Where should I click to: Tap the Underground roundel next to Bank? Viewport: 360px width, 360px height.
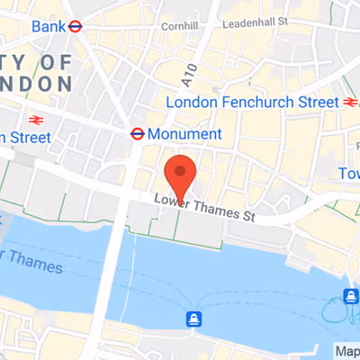(76, 26)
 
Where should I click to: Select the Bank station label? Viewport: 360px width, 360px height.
(48, 26)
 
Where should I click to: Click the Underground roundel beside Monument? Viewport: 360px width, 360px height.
(137, 133)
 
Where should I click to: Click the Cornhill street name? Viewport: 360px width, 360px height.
(173, 28)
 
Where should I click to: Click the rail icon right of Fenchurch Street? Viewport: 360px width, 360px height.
(350, 102)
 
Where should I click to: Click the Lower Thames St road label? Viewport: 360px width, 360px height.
(218, 211)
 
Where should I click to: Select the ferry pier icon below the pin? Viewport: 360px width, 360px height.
(193, 319)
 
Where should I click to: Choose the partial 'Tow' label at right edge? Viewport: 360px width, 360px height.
(349, 173)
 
